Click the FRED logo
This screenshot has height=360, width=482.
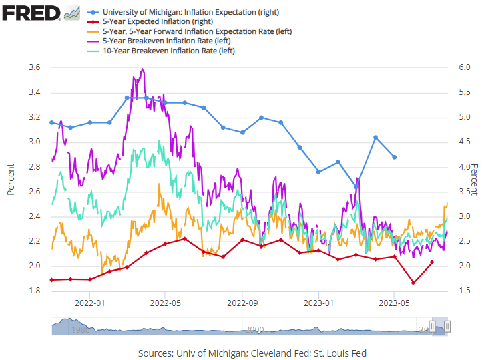tap(41, 13)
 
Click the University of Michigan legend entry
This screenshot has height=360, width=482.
tap(183, 12)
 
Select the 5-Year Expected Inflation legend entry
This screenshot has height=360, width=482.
tap(150, 22)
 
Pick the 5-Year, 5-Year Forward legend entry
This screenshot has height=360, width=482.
tap(190, 31)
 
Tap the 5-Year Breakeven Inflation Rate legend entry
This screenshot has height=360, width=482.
tap(159, 41)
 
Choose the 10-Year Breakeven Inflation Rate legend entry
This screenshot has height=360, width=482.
tap(161, 51)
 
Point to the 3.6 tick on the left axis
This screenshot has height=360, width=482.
tap(35, 67)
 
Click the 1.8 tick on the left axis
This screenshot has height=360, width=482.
tap(35, 291)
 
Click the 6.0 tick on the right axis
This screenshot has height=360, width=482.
tap(465, 67)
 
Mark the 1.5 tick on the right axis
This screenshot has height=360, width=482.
tap(465, 291)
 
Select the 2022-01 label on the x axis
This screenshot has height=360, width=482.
tap(89, 303)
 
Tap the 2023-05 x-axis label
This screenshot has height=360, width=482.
tap(394, 303)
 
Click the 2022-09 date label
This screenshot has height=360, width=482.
tap(242, 303)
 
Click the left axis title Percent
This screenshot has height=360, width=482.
tap(11, 179)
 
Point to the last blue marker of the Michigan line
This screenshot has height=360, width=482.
tap(395, 157)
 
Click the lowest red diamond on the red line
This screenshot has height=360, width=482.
tap(413, 283)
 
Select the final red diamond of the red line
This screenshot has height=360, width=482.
tap(432, 262)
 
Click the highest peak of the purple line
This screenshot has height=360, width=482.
tap(142, 69)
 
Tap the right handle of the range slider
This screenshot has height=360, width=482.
tap(447, 326)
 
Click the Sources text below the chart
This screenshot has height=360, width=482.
tap(252, 353)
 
